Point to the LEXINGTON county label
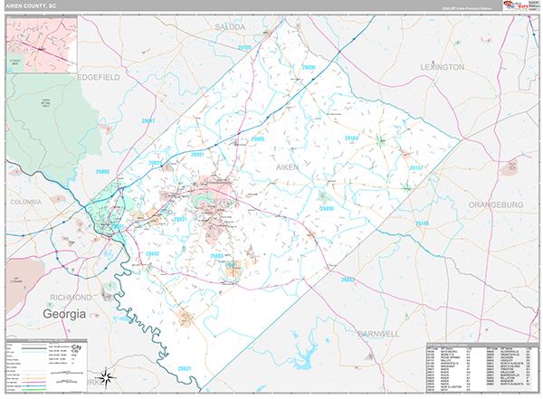click(x=442, y=68)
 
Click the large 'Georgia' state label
click(x=62, y=314)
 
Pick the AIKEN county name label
click(x=287, y=168)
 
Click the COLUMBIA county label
click(x=28, y=202)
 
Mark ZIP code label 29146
click(x=425, y=223)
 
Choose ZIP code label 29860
click(x=102, y=171)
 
